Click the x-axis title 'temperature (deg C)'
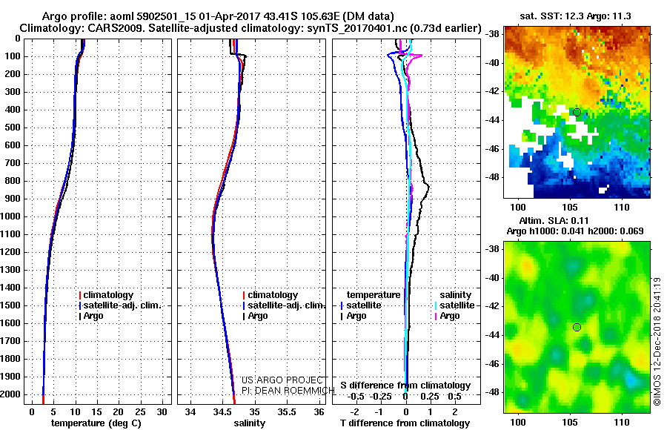(x=96, y=423)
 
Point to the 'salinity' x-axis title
(x=249, y=423)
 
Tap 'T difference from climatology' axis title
(x=405, y=423)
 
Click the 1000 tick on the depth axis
(x=10, y=216)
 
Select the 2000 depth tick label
(x=10, y=394)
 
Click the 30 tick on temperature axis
(x=162, y=411)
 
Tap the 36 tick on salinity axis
(x=319, y=411)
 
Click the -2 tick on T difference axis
(x=354, y=411)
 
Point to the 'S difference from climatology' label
(x=405, y=386)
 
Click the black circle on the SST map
(x=577, y=113)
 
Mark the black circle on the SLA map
(x=577, y=327)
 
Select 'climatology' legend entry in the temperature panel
(x=106, y=295)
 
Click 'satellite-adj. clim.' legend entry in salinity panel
(x=284, y=305)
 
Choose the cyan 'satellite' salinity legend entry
(x=455, y=305)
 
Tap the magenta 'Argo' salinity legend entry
(x=447, y=316)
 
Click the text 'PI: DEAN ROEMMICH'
(x=288, y=391)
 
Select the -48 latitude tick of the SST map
(x=493, y=177)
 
